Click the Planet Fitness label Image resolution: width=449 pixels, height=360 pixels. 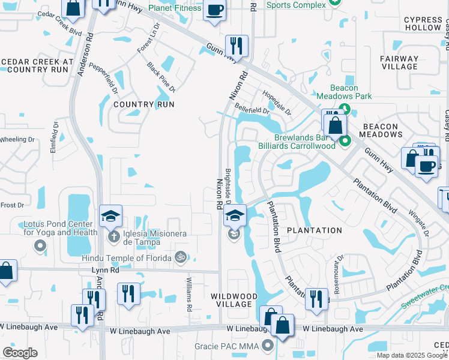[x=175, y=8]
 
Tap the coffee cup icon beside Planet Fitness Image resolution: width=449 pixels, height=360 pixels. [x=215, y=10]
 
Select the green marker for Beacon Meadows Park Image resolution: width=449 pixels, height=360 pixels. [x=345, y=109]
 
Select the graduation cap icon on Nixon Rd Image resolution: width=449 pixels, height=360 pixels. [x=235, y=215]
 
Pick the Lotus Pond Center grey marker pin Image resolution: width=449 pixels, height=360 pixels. [x=40, y=245]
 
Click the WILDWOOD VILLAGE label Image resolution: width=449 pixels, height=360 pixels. [x=234, y=300]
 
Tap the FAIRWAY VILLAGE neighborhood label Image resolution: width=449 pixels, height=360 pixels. [x=399, y=63]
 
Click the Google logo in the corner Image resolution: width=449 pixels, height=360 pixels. [x=20, y=352]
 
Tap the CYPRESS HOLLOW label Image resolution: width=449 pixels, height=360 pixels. [x=423, y=24]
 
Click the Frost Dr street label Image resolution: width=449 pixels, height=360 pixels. [x=11, y=205]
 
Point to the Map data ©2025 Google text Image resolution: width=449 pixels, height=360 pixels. [x=412, y=355]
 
